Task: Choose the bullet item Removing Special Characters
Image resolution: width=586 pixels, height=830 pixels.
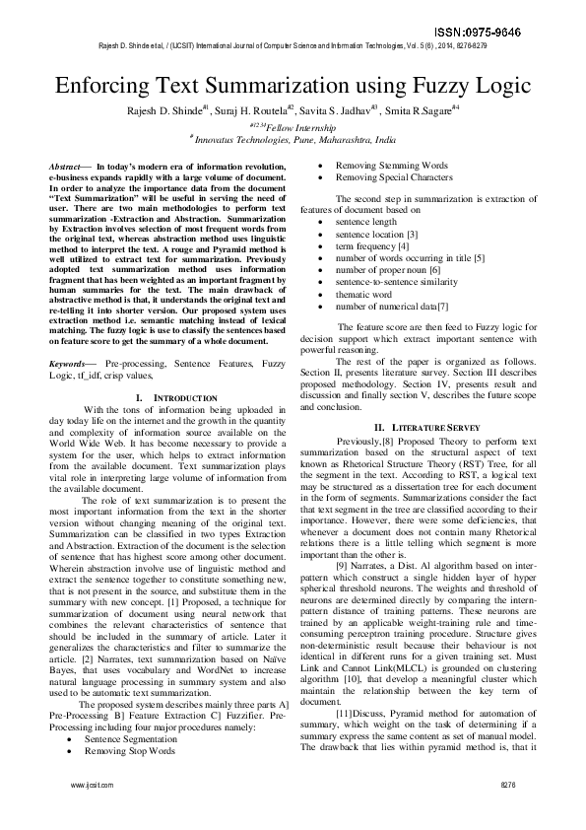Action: pyautogui.click(x=395, y=177)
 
